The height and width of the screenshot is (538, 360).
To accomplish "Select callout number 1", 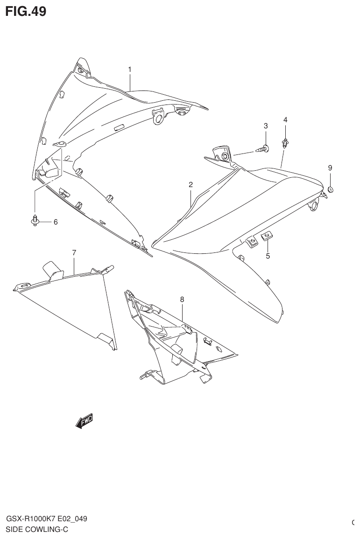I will (x=130, y=69).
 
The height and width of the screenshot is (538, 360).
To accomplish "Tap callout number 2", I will (x=191, y=184).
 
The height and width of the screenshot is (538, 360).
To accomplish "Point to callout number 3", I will (x=266, y=126).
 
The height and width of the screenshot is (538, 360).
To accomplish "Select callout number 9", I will (x=330, y=168).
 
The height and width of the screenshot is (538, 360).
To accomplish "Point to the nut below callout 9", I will (x=330, y=189).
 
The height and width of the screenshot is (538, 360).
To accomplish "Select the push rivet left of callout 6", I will (x=35, y=221).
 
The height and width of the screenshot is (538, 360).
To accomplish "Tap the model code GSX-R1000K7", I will (x=29, y=519).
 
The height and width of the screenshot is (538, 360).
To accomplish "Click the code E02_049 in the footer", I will (x=71, y=519).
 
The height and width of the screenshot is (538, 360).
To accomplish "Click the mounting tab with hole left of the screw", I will (x=223, y=154).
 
